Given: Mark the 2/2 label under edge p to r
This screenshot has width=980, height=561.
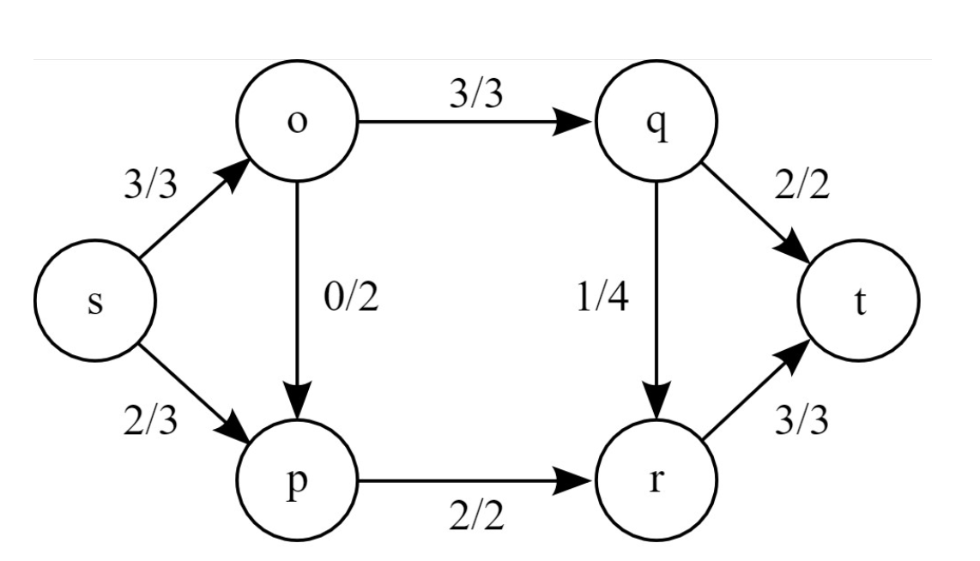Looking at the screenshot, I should pyautogui.click(x=477, y=517).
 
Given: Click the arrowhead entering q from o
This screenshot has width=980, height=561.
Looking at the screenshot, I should pyautogui.click(x=578, y=122).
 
